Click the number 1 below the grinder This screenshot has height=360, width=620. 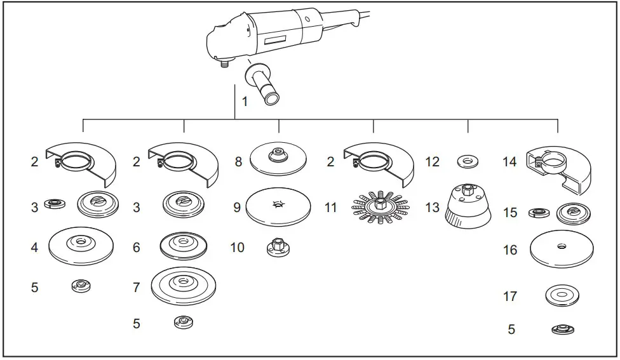pos(245,102)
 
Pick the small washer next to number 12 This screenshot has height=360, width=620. pos(468,162)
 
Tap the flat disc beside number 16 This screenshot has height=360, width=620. pos(562,249)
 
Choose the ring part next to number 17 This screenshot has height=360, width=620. pos(562,296)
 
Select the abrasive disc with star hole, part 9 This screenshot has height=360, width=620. pos(278,207)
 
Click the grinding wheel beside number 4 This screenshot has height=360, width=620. pos(81,244)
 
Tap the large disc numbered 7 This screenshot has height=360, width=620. pos(183,286)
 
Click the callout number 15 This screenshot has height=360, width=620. pos(510,213)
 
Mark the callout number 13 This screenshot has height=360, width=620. pos(432,208)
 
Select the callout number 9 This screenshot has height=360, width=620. pos(236,208)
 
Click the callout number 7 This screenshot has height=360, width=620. pos(136,288)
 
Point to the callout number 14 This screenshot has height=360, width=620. pos(509,162)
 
